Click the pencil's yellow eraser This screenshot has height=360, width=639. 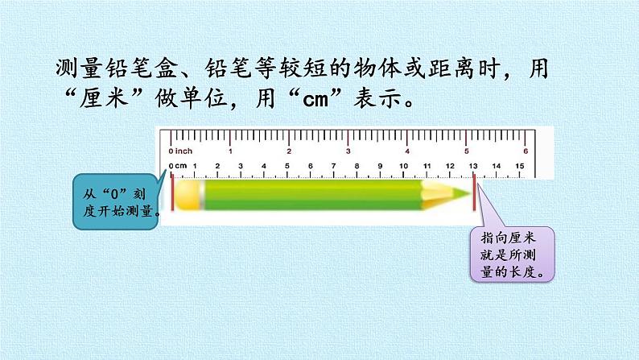187,192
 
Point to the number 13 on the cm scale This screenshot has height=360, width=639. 472,167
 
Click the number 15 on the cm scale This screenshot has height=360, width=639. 519,167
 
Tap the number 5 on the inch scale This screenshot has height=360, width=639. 465,151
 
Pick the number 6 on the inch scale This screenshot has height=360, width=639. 525,151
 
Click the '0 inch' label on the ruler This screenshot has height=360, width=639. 180,151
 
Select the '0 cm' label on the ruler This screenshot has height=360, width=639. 178,167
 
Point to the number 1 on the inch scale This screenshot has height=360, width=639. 230,151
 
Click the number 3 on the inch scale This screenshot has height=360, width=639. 348,151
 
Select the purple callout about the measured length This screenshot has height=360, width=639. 512,254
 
